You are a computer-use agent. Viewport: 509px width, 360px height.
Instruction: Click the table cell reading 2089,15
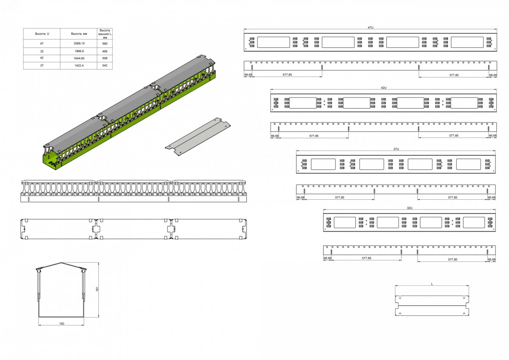coord(79,43)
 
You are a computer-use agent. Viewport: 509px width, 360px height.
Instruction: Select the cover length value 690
coord(105,43)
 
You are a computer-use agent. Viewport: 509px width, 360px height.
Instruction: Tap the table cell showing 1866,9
coord(79,51)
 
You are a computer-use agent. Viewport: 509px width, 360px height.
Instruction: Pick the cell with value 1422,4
coord(79,65)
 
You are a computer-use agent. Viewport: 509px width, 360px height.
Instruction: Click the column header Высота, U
coord(42,33)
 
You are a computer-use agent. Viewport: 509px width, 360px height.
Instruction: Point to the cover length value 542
coord(105,65)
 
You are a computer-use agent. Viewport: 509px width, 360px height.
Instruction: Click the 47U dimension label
coord(370,28)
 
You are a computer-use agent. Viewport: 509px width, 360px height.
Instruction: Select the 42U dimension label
coord(383,88)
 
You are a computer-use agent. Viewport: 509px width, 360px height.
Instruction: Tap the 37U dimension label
coord(396,149)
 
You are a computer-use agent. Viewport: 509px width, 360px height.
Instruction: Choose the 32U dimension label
coord(409,208)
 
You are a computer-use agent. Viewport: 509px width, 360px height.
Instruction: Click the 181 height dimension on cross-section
coord(97,289)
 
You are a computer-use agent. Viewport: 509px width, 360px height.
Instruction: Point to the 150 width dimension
coord(62,324)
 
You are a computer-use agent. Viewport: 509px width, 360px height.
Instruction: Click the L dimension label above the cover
coord(432,284)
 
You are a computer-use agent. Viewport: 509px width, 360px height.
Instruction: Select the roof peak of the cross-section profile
coord(61,263)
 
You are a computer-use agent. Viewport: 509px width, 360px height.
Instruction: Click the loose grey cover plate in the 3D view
coord(198,137)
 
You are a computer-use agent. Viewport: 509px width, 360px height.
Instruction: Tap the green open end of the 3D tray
coord(50,160)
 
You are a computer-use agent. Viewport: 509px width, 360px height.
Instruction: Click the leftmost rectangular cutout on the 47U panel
coord(273,42)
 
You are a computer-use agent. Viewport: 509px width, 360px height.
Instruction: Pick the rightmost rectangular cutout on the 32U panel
coord(474,222)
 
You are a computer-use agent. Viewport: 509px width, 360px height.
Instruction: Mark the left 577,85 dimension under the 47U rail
coord(287,75)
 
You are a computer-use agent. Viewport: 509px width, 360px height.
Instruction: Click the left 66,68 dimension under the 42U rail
coord(275,136)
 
